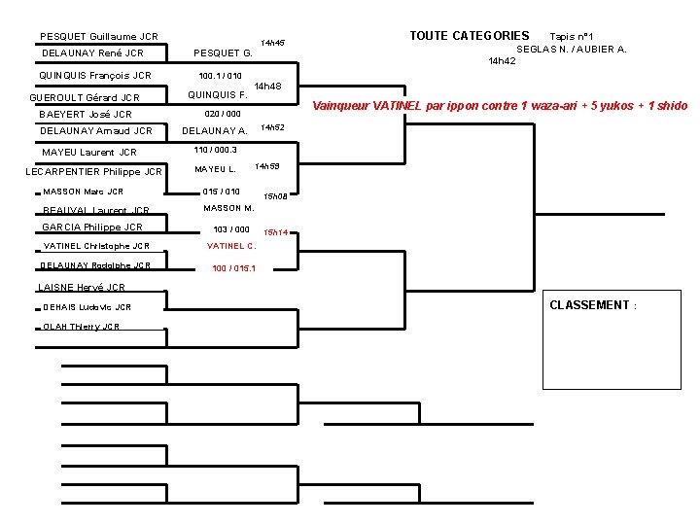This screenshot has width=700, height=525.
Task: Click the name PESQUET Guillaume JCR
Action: click(x=99, y=37)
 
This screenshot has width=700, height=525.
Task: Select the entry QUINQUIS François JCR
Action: click(x=95, y=75)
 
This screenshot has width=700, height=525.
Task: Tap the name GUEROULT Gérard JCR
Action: click(x=85, y=97)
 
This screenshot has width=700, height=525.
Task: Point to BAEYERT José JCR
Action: click(x=86, y=114)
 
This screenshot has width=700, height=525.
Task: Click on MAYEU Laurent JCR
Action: click(x=89, y=152)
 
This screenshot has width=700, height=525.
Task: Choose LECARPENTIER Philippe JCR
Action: click(x=93, y=172)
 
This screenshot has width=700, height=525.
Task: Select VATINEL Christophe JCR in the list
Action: click(x=96, y=246)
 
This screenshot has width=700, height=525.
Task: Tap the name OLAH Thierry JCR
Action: click(x=82, y=327)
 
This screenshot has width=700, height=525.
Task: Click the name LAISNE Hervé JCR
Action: click(x=82, y=287)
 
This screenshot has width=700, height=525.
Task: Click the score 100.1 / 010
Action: click(x=220, y=75)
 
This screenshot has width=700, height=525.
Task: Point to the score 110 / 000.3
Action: click(x=216, y=150)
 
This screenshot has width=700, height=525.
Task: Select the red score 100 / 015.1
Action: click(x=234, y=267)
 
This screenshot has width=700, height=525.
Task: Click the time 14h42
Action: click(x=502, y=60)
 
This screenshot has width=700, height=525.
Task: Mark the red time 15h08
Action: click(x=275, y=196)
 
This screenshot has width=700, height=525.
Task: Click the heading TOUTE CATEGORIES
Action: click(x=470, y=36)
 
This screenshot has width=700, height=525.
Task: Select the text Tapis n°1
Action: click(x=578, y=37)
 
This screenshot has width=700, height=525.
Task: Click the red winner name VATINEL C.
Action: click(x=231, y=246)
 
